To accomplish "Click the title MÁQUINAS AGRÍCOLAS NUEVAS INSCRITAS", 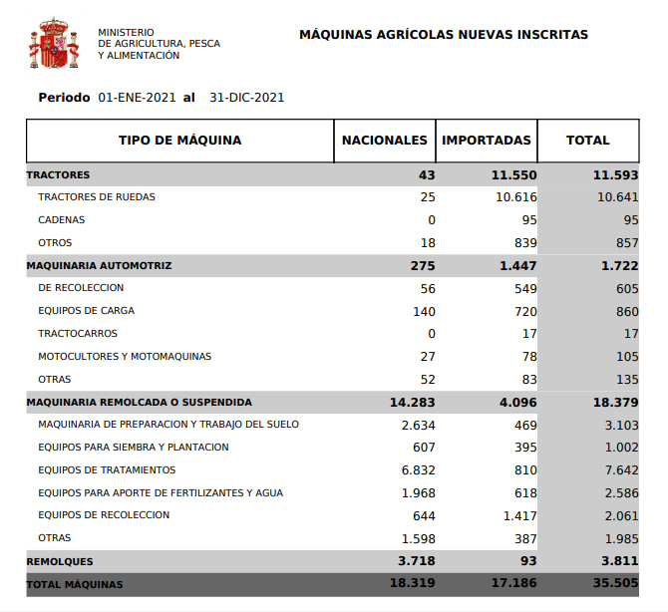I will (x=444, y=35).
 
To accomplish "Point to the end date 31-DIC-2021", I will (x=247, y=98).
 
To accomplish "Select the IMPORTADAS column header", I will (x=487, y=141).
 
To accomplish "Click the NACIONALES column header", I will (x=385, y=141).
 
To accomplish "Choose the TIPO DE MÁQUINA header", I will (x=179, y=141).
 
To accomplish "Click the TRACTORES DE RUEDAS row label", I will (x=97, y=197).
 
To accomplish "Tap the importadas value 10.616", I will (x=516, y=197).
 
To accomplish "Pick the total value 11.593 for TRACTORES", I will (x=614, y=174).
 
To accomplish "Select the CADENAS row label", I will (x=62, y=220).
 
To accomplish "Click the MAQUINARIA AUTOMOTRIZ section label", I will (x=99, y=266).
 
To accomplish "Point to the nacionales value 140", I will (x=424, y=311).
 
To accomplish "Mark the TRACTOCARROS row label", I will (x=78, y=334).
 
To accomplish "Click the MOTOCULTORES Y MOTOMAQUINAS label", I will (x=125, y=357).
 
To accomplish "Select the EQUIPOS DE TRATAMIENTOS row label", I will (x=107, y=470).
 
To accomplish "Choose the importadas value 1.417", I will (x=516, y=516).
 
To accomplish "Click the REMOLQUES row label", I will (x=60, y=562).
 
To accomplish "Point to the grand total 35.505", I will (x=614, y=584).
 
